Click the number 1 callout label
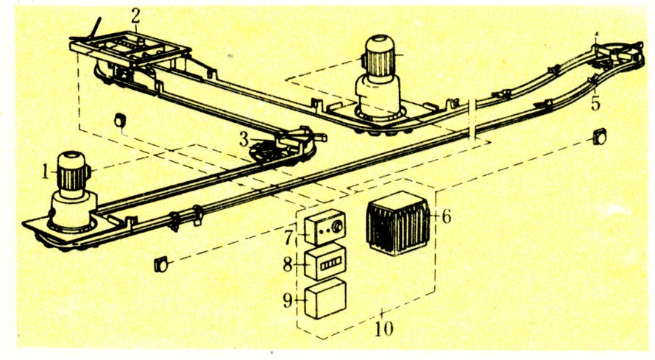click(x=46, y=172)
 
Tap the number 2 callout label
click(x=135, y=17)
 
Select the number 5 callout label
click(x=595, y=103)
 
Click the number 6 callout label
click(x=446, y=216)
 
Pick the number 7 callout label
click(x=288, y=237)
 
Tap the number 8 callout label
click(x=288, y=264)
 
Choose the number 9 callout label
click(x=288, y=299)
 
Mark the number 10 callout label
click(x=383, y=329)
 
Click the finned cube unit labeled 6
click(x=397, y=223)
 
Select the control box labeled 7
click(x=325, y=227)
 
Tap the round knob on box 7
click(x=337, y=226)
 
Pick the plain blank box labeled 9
click(x=325, y=299)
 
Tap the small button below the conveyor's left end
click(x=160, y=265)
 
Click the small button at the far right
click(x=600, y=136)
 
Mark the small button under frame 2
click(x=119, y=120)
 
